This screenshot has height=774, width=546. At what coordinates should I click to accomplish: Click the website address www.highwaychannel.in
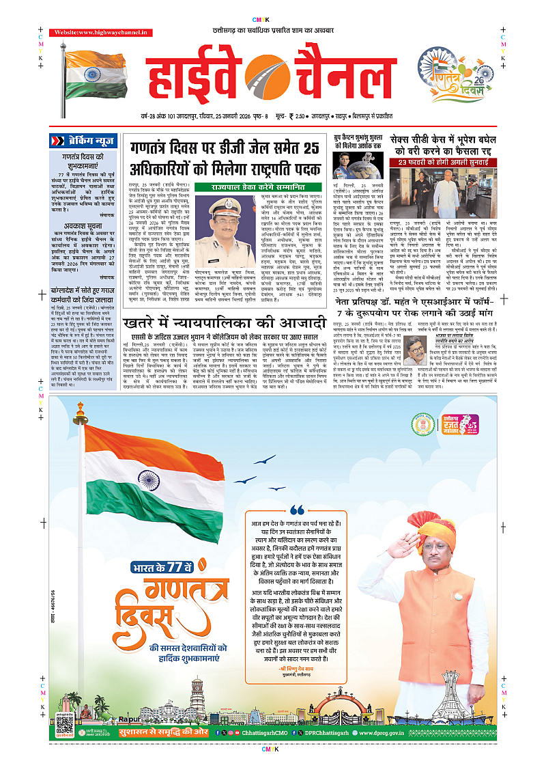[93, 33]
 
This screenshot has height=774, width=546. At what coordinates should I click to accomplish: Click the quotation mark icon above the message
[298, 510]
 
